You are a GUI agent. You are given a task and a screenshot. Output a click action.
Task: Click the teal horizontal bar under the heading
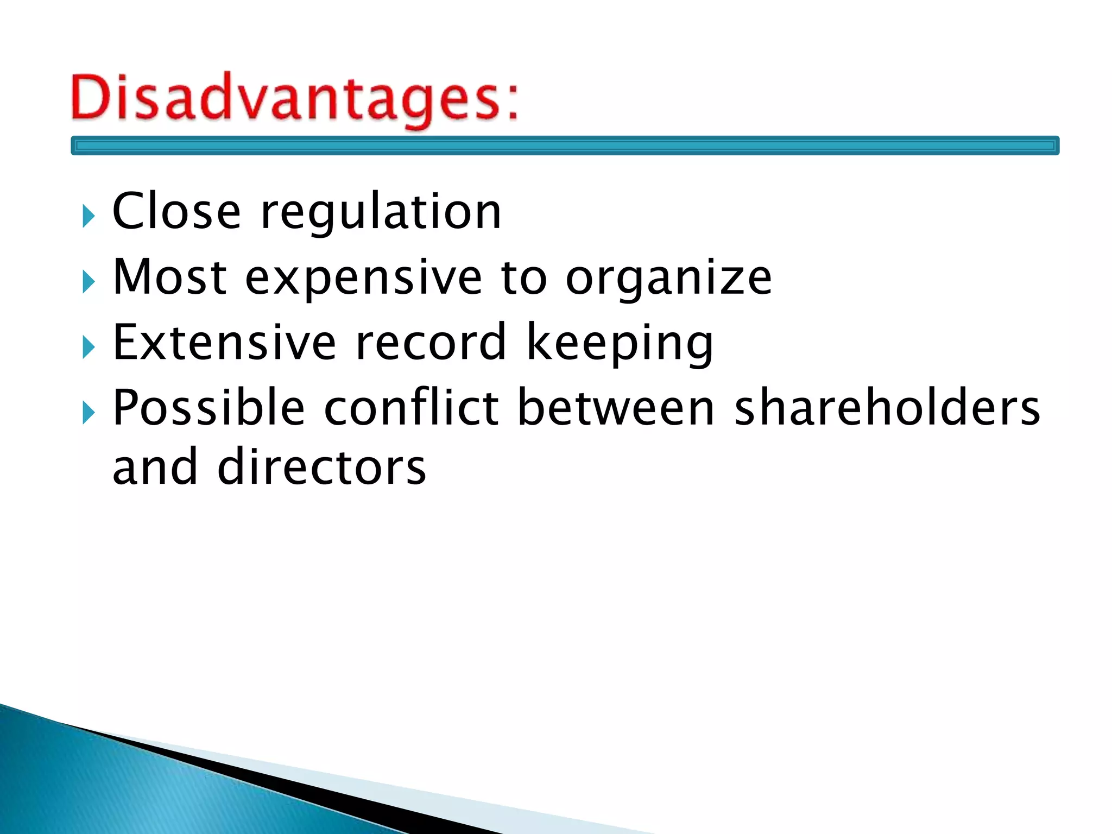(x=565, y=146)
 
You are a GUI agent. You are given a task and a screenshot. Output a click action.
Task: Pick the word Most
(x=169, y=277)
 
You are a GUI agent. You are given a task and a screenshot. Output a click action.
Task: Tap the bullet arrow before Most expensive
(x=89, y=282)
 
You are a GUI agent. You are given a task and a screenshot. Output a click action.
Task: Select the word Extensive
(x=224, y=342)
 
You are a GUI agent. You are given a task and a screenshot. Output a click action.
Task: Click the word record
(x=431, y=342)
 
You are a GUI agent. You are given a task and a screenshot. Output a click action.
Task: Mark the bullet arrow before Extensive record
(x=89, y=347)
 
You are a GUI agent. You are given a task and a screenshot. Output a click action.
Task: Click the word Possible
(x=208, y=408)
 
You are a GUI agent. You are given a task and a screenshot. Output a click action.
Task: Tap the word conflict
(x=411, y=408)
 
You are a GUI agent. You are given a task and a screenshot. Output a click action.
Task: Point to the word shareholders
(x=887, y=408)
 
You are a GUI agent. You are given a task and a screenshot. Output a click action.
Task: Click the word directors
(x=322, y=467)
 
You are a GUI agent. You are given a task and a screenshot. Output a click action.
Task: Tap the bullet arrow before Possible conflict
(x=89, y=413)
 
